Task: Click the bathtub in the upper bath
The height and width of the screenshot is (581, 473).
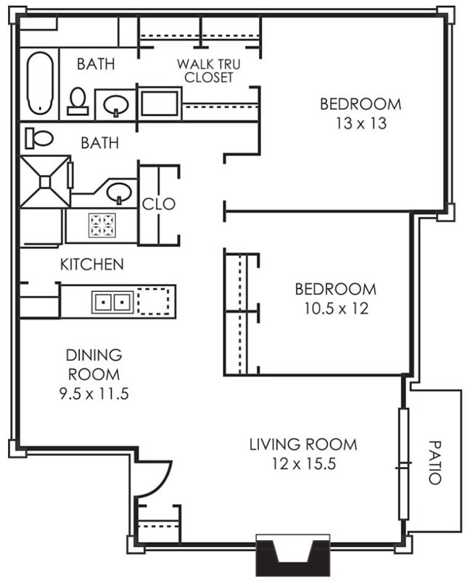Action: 40,83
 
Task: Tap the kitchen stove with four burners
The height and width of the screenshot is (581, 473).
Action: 102,225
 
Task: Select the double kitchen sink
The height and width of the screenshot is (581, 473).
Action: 113,302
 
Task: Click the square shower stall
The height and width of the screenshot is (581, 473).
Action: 45,182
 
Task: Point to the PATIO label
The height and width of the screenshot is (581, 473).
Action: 435,463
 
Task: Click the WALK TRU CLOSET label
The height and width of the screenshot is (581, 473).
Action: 209,70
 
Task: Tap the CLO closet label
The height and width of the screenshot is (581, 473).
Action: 158,204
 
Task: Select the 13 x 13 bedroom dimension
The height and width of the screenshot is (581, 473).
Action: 361,123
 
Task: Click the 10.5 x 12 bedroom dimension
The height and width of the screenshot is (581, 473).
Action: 336,308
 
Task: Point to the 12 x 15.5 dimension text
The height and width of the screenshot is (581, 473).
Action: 304,463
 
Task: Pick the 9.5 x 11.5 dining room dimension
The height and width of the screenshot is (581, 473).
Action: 94,394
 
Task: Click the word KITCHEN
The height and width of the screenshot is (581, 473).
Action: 92,264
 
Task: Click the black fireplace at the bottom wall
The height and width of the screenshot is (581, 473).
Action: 293,555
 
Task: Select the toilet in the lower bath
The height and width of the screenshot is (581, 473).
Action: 39,138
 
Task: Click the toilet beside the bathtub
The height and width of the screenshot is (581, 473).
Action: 78,101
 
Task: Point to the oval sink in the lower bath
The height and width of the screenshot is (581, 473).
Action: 119,192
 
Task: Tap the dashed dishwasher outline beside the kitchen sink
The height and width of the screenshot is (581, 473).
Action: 154,301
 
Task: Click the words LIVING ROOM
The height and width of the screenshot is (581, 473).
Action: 303,444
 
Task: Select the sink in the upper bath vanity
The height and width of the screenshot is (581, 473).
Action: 116,105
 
